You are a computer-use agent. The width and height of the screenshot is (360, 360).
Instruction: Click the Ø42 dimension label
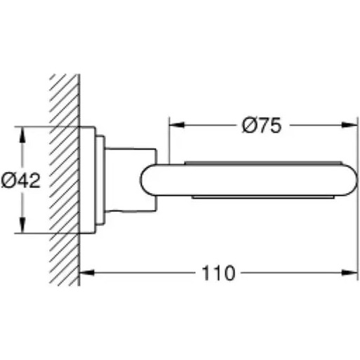[21, 181]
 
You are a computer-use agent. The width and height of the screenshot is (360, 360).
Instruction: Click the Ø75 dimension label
[262, 126]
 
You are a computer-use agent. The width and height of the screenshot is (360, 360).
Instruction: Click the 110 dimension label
[218, 273]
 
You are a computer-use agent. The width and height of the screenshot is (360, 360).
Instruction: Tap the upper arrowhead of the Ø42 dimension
[22, 135]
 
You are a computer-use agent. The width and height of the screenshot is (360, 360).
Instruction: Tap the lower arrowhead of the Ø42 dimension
[22, 225]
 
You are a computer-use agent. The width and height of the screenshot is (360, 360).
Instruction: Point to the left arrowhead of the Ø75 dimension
[177, 125]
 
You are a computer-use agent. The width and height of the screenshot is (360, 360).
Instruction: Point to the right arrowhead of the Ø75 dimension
[349, 125]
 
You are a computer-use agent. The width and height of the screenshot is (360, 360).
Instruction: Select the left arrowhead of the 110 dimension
[87, 272]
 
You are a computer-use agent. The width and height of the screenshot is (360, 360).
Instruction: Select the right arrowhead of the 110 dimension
[349, 272]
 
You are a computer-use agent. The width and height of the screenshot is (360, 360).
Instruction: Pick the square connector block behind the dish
[131, 180]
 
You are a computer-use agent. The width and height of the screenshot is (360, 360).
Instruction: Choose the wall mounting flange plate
[88, 180]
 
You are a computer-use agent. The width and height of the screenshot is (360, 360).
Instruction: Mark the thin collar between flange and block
[100, 180]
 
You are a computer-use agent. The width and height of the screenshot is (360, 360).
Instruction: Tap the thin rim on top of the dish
[263, 163]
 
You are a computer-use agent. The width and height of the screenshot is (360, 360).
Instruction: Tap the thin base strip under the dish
[263, 196]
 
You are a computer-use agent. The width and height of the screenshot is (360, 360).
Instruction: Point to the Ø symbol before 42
[8, 181]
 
